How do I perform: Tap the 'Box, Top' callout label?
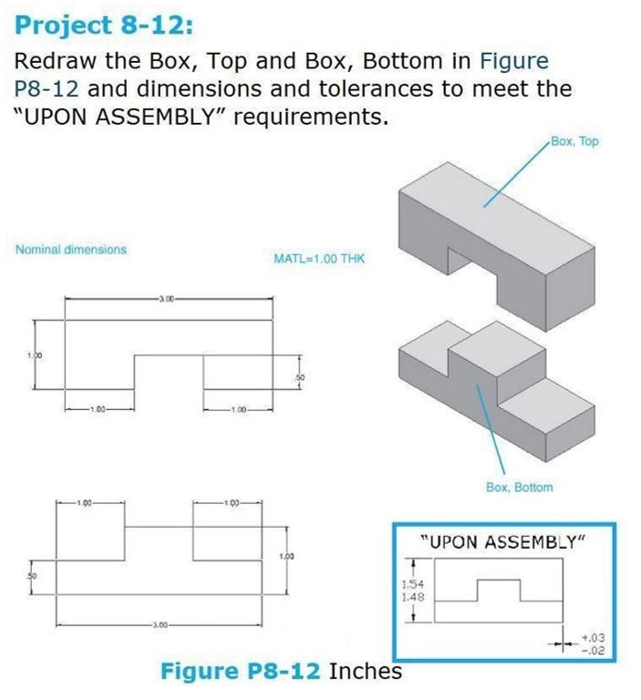575,141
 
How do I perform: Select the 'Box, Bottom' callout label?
519,488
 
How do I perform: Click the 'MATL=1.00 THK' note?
318,259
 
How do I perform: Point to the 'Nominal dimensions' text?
71,249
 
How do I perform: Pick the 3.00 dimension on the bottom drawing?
165,624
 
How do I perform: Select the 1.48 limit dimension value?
413,598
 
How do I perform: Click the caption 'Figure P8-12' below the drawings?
241,672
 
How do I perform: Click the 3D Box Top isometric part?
474,219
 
